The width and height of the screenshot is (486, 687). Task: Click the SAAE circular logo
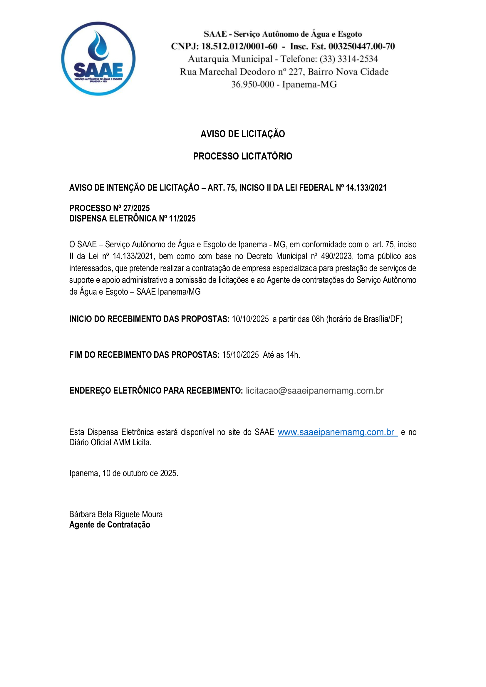pyautogui.click(x=98, y=59)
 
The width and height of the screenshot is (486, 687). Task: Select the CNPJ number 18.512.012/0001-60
pyautogui.click(x=239, y=46)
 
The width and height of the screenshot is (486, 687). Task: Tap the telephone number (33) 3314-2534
pyautogui.click(x=349, y=59)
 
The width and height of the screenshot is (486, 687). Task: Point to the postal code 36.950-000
pyautogui.click(x=253, y=84)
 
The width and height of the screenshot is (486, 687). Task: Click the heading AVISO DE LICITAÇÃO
pyautogui.click(x=243, y=134)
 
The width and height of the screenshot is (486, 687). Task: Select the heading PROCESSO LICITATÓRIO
pyautogui.click(x=243, y=156)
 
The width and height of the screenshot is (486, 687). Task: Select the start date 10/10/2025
pyautogui.click(x=250, y=319)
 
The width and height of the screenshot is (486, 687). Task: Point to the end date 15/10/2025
pyautogui.click(x=240, y=355)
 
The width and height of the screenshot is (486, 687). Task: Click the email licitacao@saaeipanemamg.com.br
pyautogui.click(x=314, y=391)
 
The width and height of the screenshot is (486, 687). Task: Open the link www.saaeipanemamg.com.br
pyautogui.click(x=337, y=432)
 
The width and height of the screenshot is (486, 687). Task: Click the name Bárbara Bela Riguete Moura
pyautogui.click(x=116, y=514)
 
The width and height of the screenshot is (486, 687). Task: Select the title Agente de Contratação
pyautogui.click(x=110, y=525)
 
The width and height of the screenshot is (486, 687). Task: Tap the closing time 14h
pyautogui.click(x=293, y=355)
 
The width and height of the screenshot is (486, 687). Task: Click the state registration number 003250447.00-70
pyautogui.click(x=361, y=46)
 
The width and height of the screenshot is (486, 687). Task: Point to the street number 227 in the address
pyautogui.click(x=296, y=72)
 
